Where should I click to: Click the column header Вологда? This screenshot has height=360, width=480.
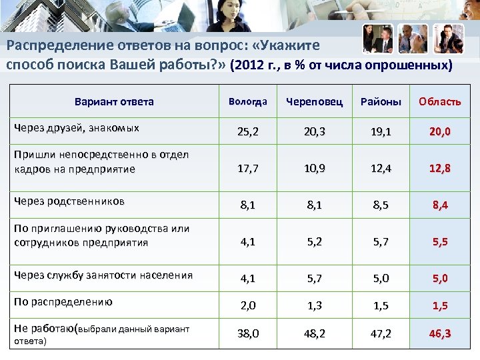247,102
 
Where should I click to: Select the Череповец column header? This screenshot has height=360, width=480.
314,102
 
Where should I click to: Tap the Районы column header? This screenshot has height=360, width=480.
381,102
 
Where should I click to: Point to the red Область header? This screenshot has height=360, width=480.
439,102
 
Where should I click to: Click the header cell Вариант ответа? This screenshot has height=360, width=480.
113,102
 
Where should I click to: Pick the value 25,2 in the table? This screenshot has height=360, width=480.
247,132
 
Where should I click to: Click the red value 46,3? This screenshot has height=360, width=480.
439,333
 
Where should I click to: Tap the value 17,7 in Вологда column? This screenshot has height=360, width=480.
247,169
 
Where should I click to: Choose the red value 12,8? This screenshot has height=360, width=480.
439,169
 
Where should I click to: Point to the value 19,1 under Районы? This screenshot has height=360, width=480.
381,132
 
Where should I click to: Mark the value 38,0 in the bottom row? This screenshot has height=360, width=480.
247,333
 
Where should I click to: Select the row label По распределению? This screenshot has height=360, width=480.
63,301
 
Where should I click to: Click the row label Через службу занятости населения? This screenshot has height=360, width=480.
103,275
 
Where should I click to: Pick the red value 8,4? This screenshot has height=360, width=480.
439,205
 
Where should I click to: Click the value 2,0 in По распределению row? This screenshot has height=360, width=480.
247,306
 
